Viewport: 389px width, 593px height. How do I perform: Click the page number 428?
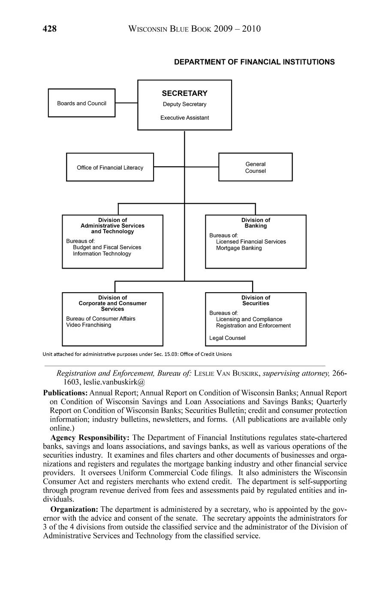click(x=50, y=29)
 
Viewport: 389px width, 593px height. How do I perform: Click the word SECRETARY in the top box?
click(x=184, y=93)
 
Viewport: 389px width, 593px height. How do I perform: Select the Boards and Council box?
click(x=81, y=103)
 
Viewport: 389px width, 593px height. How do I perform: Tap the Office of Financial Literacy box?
click(x=110, y=168)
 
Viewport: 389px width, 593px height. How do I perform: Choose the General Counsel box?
click(x=255, y=167)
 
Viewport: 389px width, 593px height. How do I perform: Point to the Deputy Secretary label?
click(x=184, y=104)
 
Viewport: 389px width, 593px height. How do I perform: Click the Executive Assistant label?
click(x=184, y=118)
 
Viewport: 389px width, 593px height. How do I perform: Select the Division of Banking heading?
click(x=256, y=223)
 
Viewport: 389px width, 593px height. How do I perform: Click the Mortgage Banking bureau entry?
click(x=238, y=248)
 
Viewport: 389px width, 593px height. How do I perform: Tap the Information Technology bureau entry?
click(x=102, y=254)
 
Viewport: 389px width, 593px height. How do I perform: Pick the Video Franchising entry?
click(x=88, y=325)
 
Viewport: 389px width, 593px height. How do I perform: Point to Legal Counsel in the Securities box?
click(x=227, y=338)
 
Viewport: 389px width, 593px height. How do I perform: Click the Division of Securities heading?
click(x=256, y=300)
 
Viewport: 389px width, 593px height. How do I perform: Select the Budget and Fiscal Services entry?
click(x=107, y=247)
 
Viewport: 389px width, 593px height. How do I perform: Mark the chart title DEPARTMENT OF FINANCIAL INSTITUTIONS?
click(x=254, y=62)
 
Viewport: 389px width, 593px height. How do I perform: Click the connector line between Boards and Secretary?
click(x=126, y=103)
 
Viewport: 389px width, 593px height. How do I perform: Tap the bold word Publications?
click(x=65, y=393)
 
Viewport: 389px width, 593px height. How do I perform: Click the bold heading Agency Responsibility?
click(x=90, y=437)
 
